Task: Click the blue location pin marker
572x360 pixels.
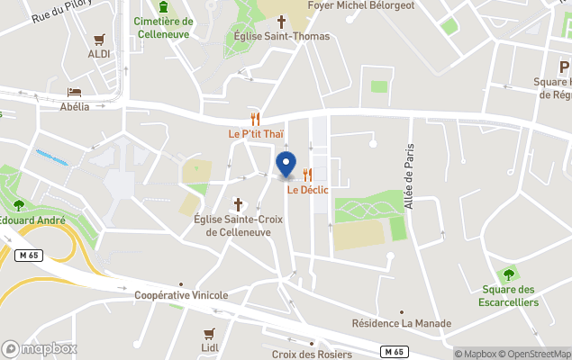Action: (x=286, y=165)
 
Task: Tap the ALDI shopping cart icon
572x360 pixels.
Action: (x=99, y=40)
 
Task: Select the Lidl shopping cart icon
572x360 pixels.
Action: (x=209, y=333)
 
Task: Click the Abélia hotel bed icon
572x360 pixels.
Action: (x=74, y=93)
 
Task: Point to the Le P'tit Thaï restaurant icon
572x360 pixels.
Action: (x=256, y=119)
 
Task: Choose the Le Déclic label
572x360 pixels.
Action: (x=307, y=190)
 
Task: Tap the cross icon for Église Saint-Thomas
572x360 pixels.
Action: (x=280, y=21)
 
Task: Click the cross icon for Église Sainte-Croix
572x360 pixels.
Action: (x=239, y=204)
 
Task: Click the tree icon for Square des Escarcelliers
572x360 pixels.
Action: (x=509, y=274)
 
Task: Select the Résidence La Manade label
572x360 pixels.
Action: (x=401, y=324)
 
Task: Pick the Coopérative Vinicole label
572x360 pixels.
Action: (x=181, y=295)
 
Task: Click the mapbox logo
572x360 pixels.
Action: (x=40, y=348)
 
